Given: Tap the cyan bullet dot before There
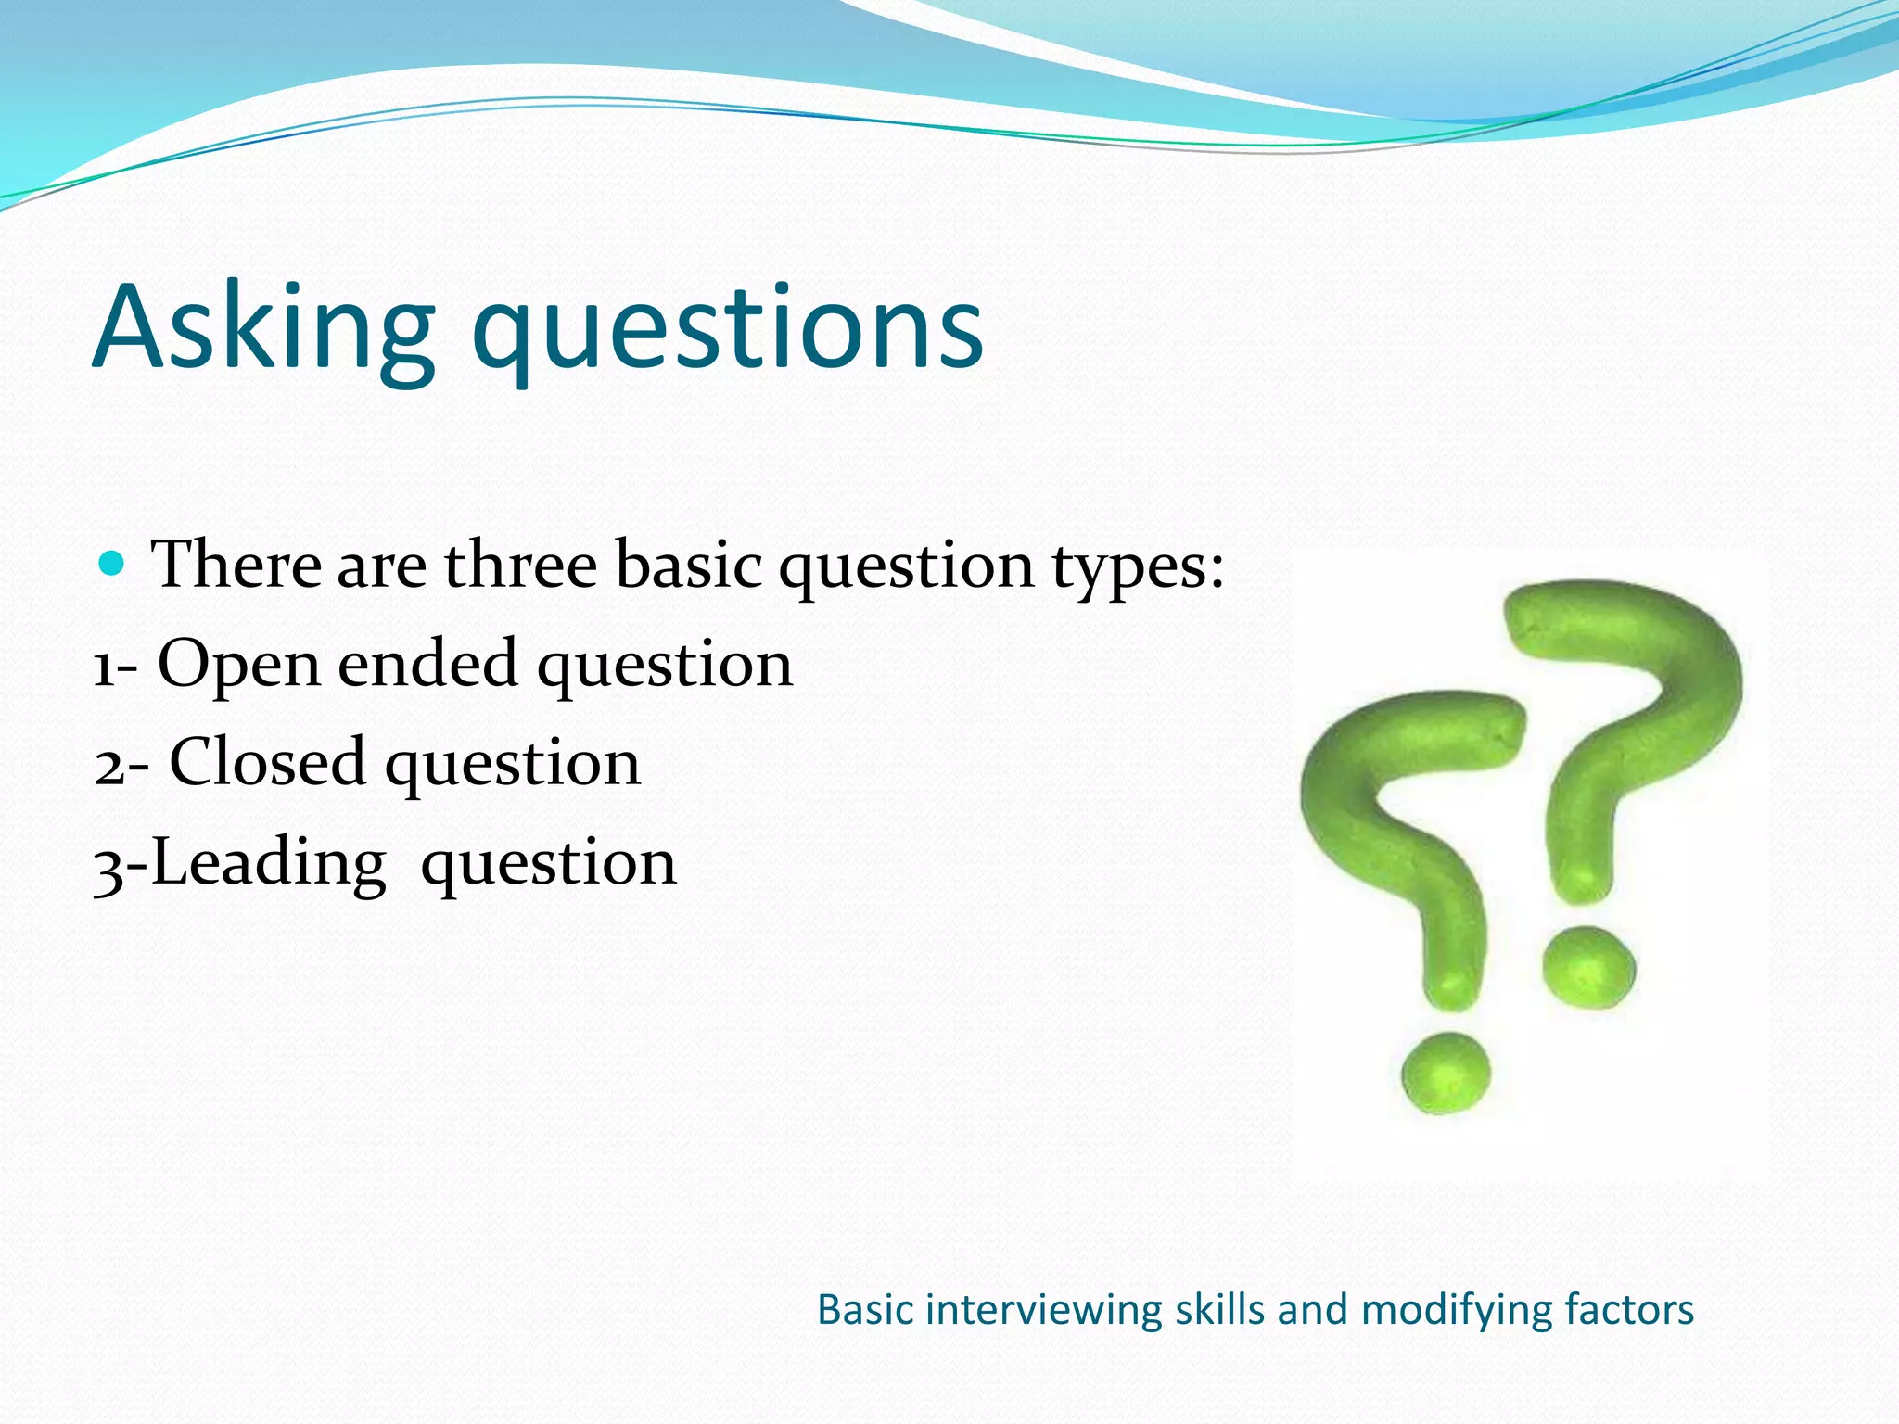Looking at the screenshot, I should pos(111,563).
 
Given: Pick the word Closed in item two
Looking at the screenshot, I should pos(267,763).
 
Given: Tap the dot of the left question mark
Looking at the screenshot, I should pos(1445,1073).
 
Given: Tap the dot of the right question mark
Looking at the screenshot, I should pos(1588,966).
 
